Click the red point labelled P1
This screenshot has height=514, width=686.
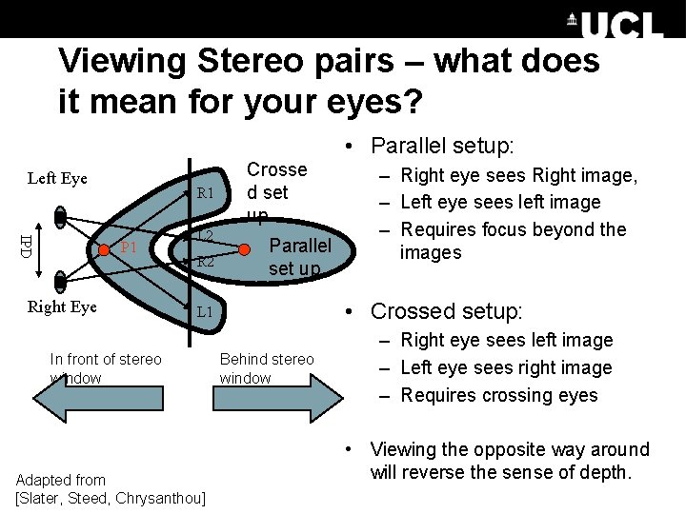tap(106, 249)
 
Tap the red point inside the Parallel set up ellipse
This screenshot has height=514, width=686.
tap(245, 249)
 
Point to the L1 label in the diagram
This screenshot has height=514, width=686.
tap(206, 312)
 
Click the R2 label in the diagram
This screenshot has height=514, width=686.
tap(206, 262)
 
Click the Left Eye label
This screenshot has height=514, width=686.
tap(57, 178)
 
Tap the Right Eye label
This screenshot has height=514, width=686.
tap(62, 306)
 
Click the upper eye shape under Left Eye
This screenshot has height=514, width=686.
tap(61, 216)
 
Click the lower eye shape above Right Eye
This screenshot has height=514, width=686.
tap(61, 281)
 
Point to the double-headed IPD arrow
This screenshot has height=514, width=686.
tap(42, 246)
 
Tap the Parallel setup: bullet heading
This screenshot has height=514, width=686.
tap(442, 146)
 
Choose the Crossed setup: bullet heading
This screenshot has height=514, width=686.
tap(446, 311)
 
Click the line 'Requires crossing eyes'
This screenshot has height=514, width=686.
tap(499, 395)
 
